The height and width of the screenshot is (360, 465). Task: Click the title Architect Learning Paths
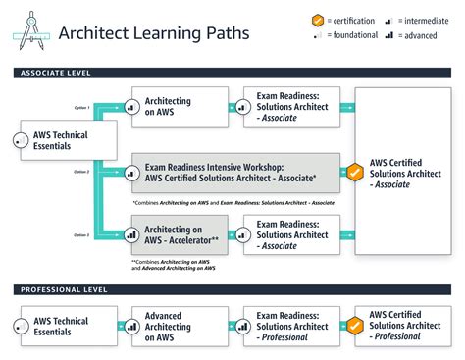154,32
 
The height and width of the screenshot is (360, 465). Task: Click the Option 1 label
81,107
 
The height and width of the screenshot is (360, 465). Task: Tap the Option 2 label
81,172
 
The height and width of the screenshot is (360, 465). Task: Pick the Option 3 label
81,235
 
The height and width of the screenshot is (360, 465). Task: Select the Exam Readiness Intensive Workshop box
231,172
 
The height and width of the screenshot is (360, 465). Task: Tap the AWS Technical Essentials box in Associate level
67,141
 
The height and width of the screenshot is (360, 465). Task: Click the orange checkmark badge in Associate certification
356,173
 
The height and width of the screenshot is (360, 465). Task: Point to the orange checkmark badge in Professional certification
356,327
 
